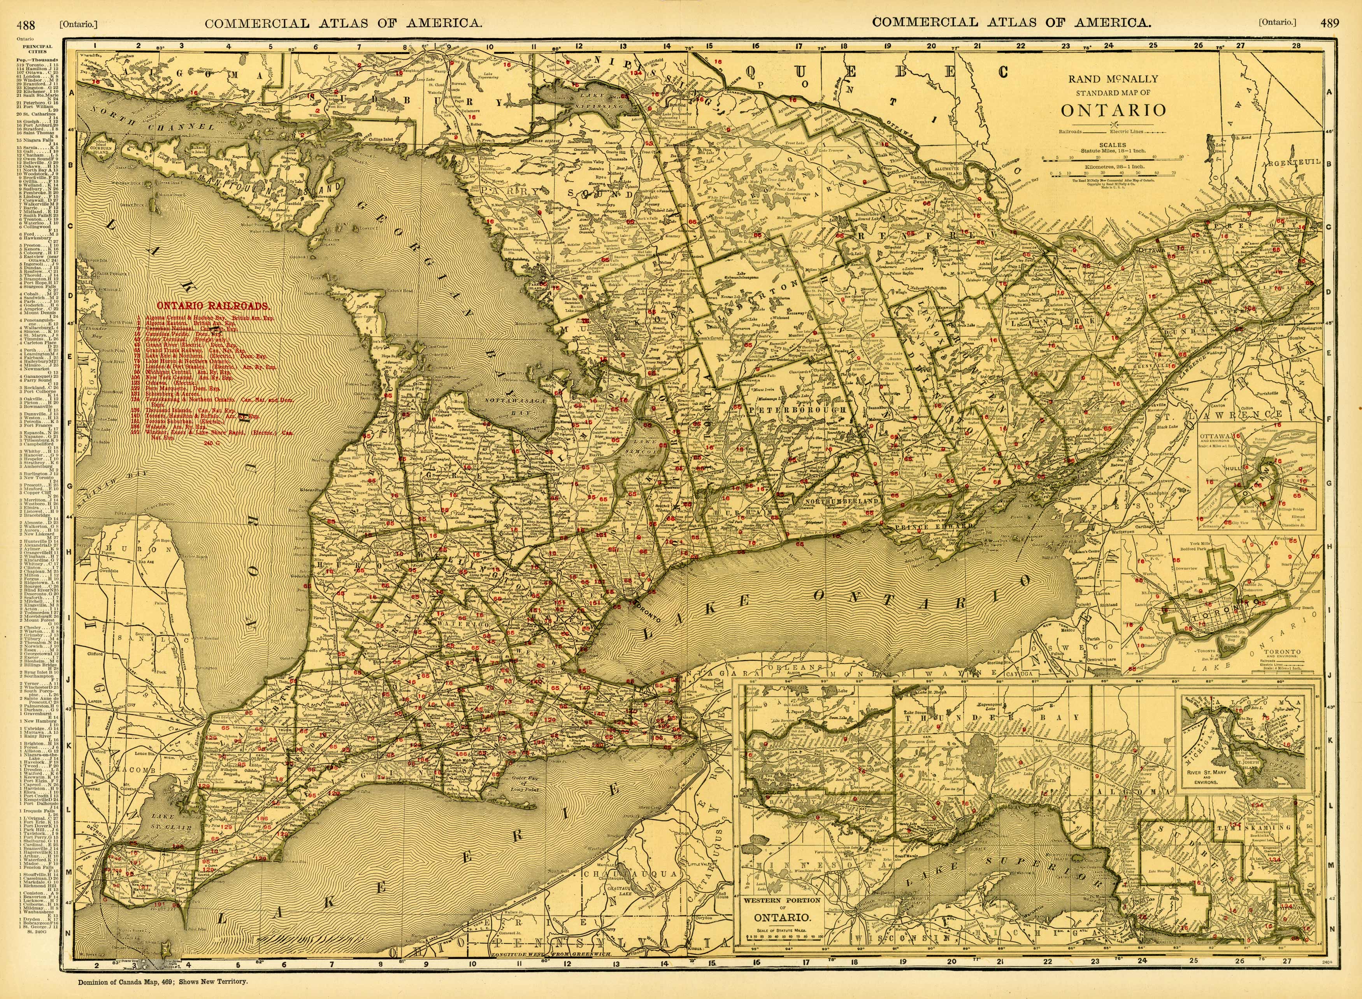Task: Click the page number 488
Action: coord(25,23)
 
